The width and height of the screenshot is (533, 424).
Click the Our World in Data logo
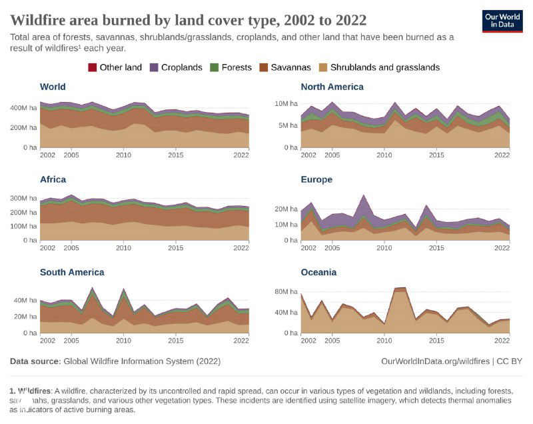[x=502, y=21]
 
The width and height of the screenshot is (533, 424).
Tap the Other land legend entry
[x=116, y=67]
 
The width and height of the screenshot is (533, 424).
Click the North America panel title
[x=332, y=87]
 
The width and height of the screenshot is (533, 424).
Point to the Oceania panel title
[x=318, y=272]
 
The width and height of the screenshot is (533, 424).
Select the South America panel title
[x=72, y=272]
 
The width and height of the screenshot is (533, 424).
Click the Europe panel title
[x=316, y=179]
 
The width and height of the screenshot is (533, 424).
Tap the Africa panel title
[x=53, y=179]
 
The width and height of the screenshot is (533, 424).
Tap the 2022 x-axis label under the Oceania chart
[x=500, y=341]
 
